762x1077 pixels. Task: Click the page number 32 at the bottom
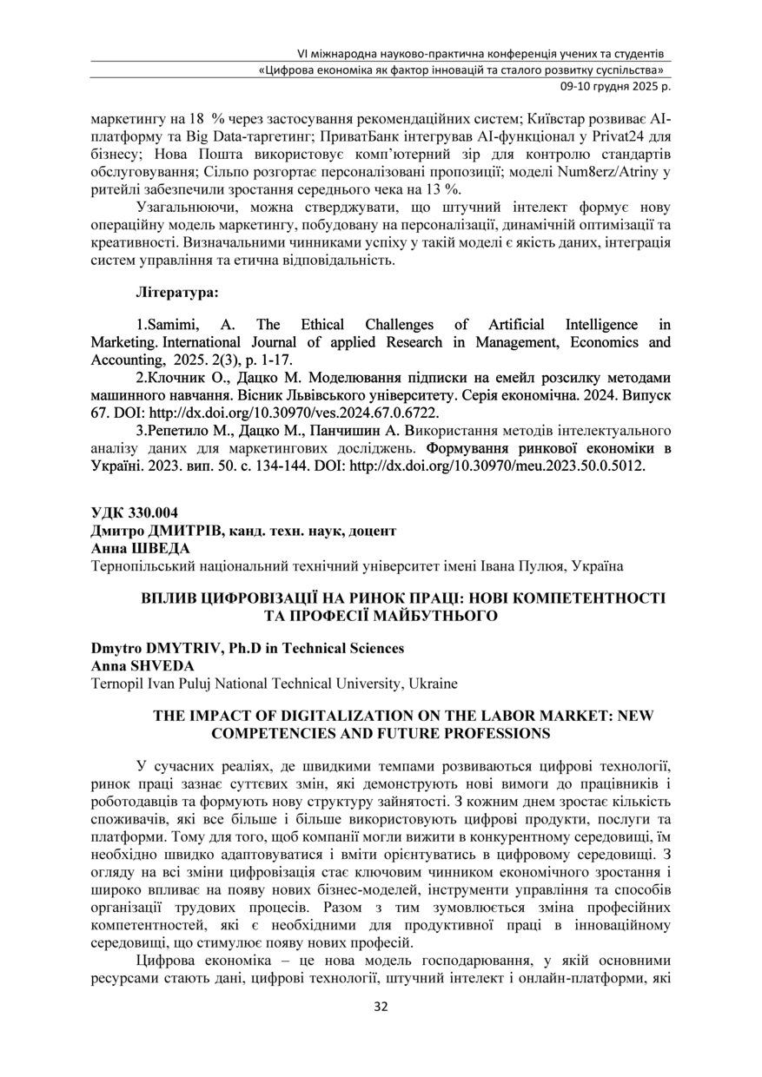(381, 1007)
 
